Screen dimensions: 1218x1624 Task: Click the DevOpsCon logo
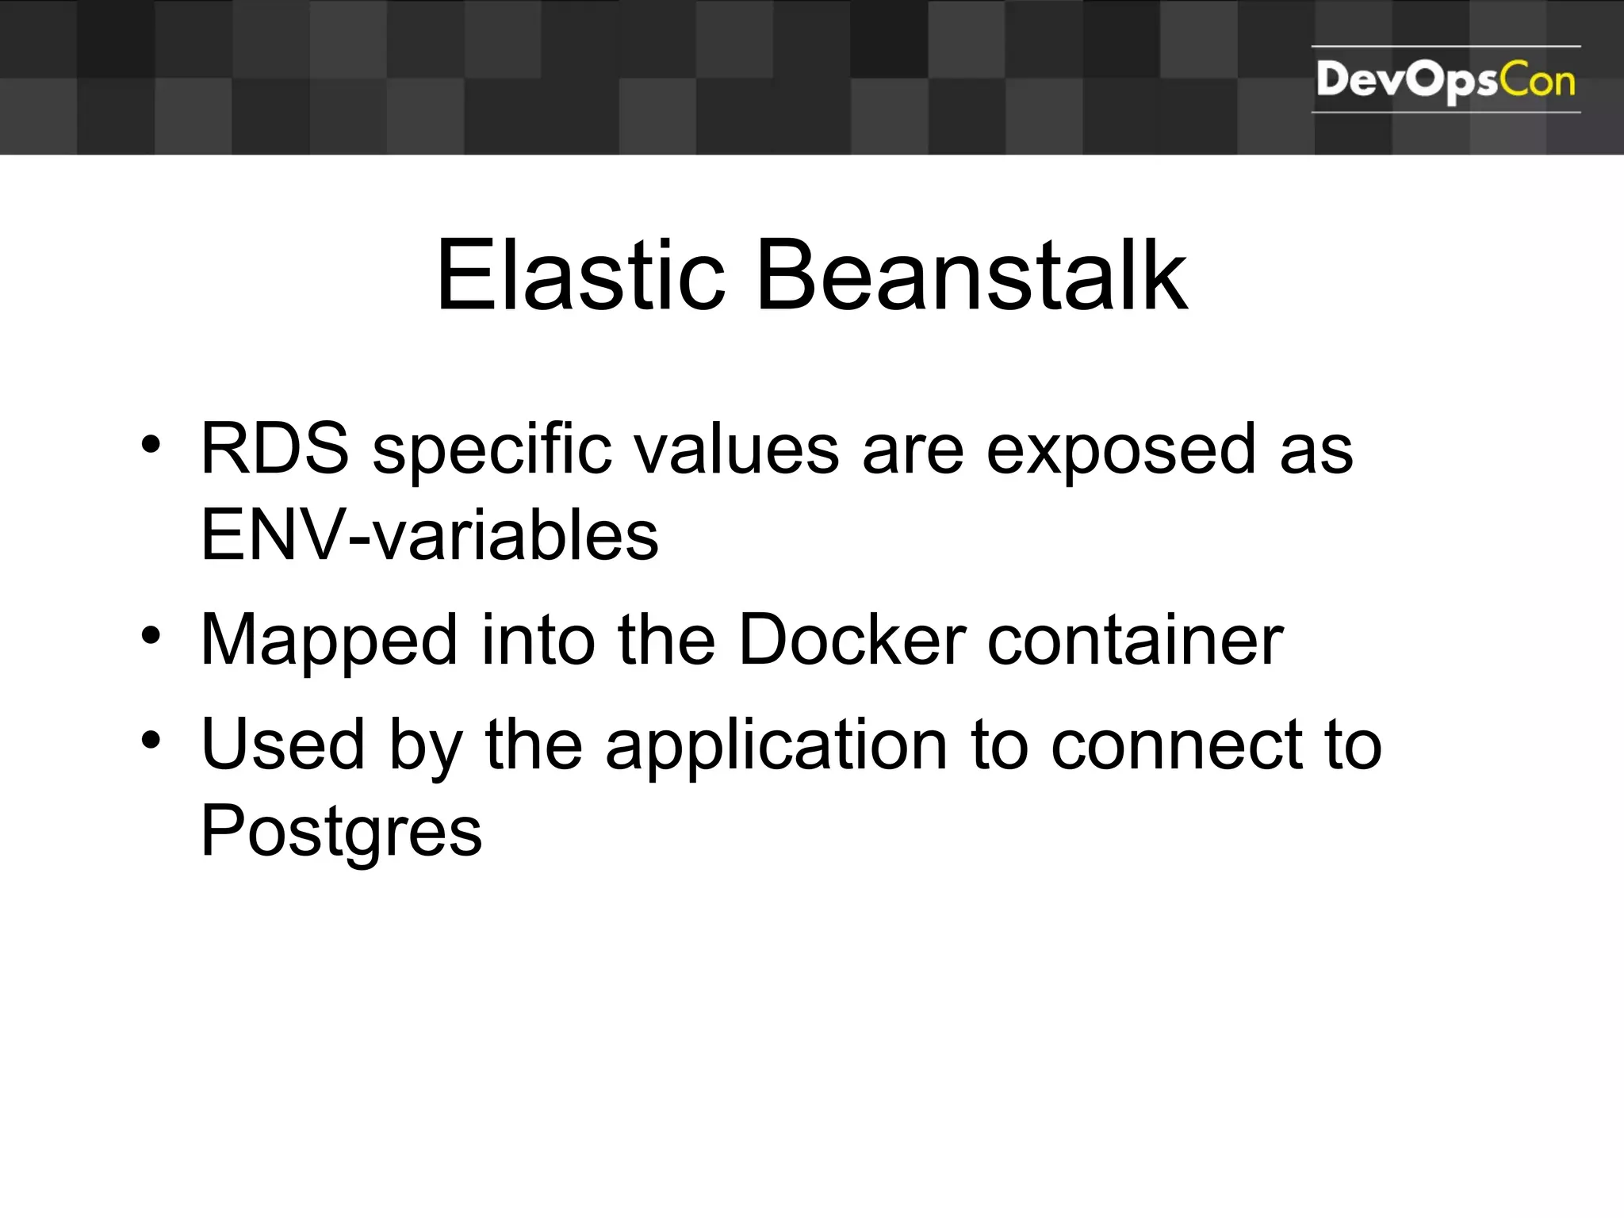pos(1446,80)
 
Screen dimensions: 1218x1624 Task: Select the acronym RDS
pos(274,449)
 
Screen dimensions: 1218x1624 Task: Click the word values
pos(737,449)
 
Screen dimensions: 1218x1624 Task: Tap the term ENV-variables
pos(430,534)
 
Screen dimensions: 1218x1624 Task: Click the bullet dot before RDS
pos(151,444)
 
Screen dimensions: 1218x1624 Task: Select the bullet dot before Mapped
pos(151,635)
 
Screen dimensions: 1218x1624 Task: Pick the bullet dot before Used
pos(151,740)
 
